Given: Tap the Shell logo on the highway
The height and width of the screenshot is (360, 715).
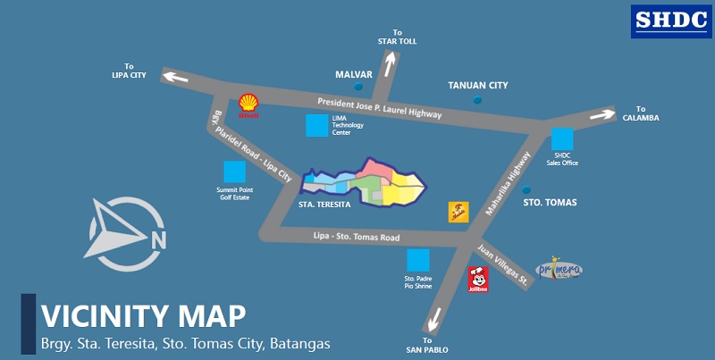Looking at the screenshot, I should [x=248, y=105].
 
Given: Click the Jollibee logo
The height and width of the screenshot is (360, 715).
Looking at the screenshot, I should [x=478, y=279].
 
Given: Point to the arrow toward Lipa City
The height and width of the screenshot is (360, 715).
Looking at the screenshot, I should [x=176, y=78].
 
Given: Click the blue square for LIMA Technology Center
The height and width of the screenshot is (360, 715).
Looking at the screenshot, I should [x=316, y=125].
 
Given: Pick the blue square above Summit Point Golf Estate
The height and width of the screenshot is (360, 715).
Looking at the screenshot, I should [x=234, y=172].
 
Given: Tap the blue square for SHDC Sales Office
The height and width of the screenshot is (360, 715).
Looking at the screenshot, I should [x=562, y=139].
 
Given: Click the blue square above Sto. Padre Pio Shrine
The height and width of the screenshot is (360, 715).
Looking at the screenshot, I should [x=417, y=261].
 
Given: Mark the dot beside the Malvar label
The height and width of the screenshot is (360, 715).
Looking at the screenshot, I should [x=358, y=87].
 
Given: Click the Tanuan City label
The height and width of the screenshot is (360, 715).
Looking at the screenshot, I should [x=477, y=86].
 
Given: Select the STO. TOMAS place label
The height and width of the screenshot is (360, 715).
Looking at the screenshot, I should [x=549, y=203].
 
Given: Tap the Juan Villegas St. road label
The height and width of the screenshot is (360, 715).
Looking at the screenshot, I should [x=502, y=264].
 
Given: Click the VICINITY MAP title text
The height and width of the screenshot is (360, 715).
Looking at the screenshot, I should [x=143, y=316].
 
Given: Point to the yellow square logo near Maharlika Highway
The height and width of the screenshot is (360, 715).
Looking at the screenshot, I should [x=458, y=212].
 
